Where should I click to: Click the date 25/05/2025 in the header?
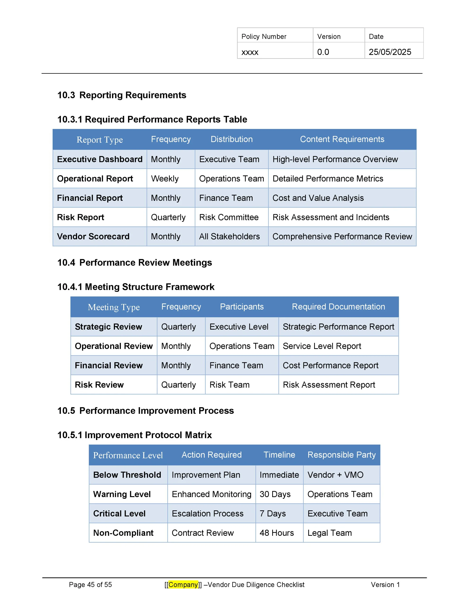[x=390, y=52]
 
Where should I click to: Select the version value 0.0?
[x=323, y=52]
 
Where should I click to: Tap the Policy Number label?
[x=264, y=37]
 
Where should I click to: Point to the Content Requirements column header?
[x=342, y=139]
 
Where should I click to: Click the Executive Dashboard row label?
[x=100, y=159]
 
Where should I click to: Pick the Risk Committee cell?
[x=229, y=217]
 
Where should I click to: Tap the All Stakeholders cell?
[x=229, y=236]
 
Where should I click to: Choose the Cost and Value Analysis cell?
[x=318, y=198]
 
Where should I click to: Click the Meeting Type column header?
[x=114, y=307]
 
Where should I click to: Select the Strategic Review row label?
[x=108, y=327]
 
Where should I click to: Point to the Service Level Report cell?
[x=322, y=346]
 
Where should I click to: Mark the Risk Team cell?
[x=229, y=385]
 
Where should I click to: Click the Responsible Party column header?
[x=341, y=455]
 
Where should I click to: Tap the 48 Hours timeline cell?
[x=277, y=533]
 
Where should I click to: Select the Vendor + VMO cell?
[x=335, y=475]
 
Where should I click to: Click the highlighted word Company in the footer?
[x=183, y=585]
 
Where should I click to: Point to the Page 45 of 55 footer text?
[x=90, y=585]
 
